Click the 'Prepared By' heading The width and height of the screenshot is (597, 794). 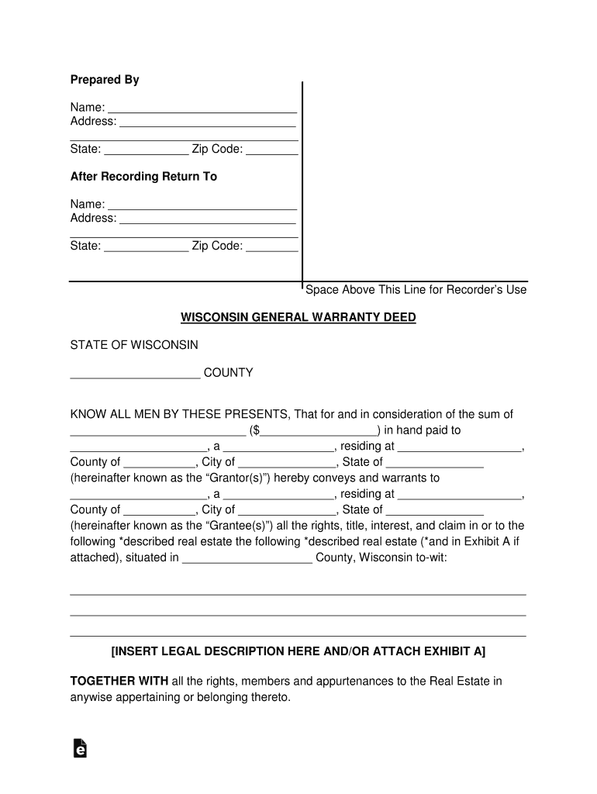[105, 80]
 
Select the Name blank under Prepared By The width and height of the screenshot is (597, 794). [202, 109]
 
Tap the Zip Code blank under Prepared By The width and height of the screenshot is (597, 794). [272, 150]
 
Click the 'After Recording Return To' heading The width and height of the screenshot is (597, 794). [143, 177]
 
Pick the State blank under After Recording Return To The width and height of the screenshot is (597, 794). [146, 247]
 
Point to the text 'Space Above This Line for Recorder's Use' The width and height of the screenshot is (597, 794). [416, 290]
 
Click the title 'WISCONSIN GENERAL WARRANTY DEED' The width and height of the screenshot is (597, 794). [298, 318]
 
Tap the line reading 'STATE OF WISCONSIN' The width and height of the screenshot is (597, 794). [134, 344]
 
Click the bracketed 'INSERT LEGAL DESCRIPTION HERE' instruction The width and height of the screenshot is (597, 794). [298, 651]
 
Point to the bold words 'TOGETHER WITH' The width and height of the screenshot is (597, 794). [119, 682]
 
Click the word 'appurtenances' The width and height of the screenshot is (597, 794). [353, 682]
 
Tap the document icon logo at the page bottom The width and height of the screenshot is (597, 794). [79, 747]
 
